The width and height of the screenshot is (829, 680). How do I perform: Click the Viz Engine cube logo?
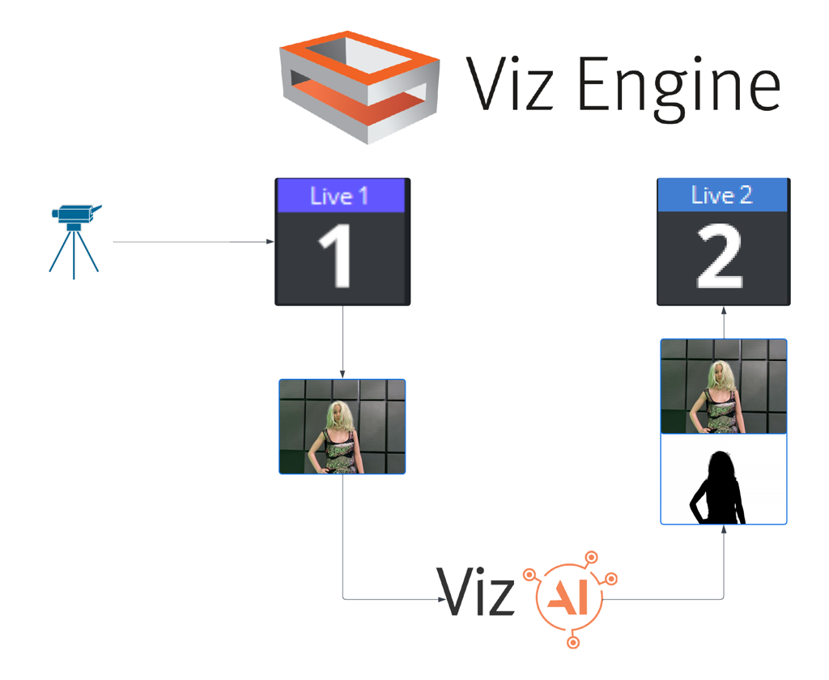pyautogui.click(x=359, y=87)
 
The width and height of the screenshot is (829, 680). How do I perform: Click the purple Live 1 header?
pyautogui.click(x=341, y=197)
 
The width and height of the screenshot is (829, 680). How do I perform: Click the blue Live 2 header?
pyautogui.click(x=722, y=195)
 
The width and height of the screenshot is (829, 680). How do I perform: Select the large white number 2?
pyautogui.click(x=721, y=257)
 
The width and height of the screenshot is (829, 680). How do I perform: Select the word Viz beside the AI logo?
pyautogui.click(x=476, y=592)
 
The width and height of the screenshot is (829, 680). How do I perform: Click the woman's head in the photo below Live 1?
pyautogui.click(x=338, y=416)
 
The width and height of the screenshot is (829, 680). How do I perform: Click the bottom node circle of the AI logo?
pyautogui.click(x=573, y=643)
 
